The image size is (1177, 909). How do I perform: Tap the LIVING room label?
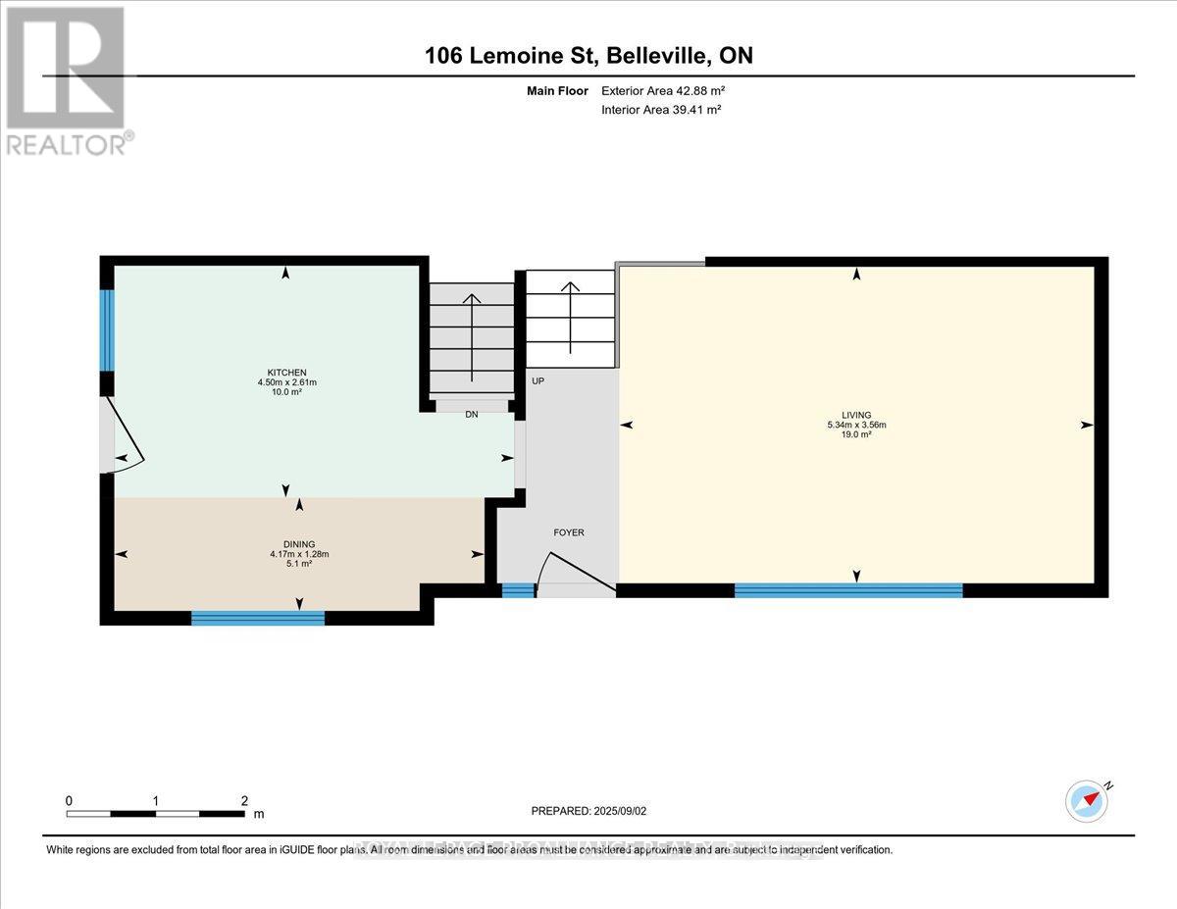856,415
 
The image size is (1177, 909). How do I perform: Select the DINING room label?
299,543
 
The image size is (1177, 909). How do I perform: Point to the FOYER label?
569,532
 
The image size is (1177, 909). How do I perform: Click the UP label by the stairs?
537,380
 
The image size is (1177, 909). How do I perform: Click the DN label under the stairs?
472,415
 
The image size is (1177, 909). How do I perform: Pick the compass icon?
1086,800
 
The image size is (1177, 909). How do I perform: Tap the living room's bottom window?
848,589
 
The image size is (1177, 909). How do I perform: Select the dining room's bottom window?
258,617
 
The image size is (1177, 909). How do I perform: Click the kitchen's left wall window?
108,329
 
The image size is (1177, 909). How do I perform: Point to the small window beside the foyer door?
518,589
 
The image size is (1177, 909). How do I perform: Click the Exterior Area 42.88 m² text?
663,91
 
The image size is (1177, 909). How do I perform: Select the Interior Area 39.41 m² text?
661,110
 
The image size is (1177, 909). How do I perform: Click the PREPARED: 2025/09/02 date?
591,811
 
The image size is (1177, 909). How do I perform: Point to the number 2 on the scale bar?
244,800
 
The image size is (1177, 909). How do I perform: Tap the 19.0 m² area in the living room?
856,434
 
